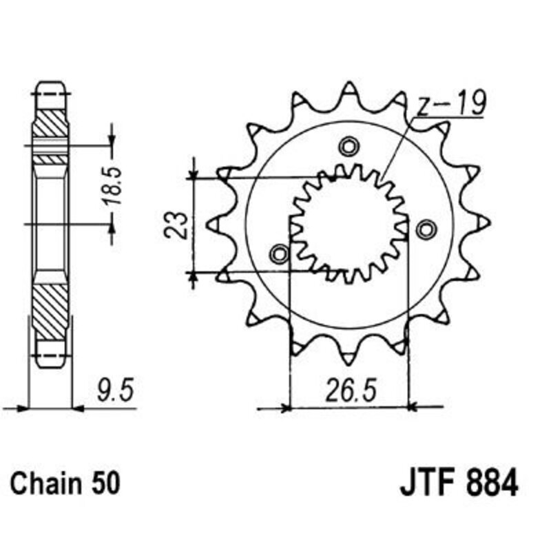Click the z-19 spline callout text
click(x=451, y=105)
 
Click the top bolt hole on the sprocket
click(x=349, y=147)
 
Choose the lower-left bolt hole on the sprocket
click(x=280, y=254)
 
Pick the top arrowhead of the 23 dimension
click(x=195, y=172)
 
